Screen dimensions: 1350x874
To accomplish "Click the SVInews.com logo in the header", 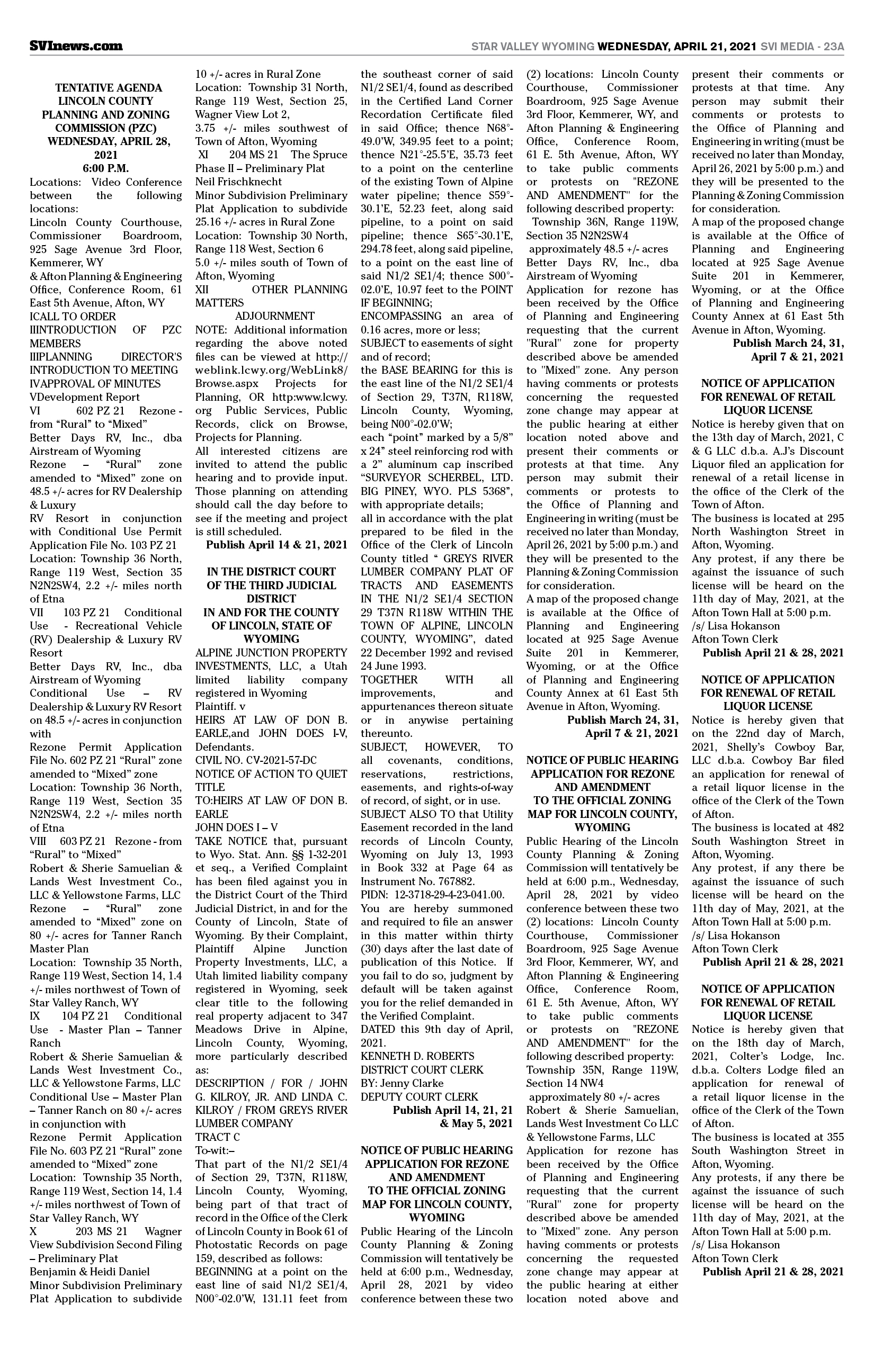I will pos(76,46).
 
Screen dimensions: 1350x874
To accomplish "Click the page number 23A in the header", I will pos(832,47).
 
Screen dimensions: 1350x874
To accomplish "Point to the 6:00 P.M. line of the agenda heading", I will pos(105,168).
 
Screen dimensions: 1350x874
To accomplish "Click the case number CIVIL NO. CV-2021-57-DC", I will pos(256,760).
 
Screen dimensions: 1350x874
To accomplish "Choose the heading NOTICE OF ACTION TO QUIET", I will pos(271,773).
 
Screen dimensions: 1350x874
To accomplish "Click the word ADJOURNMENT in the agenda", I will pos(275,316).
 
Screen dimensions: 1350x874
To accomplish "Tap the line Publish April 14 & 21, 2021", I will pos(277,545).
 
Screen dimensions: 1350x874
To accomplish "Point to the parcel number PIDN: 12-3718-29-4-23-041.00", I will pos(432,895).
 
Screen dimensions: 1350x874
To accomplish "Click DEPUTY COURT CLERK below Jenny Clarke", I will pos(420,1096).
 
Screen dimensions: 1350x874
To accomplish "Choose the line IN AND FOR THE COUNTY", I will pos(271,612).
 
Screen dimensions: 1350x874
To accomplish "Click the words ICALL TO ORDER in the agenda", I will pos(73,316).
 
